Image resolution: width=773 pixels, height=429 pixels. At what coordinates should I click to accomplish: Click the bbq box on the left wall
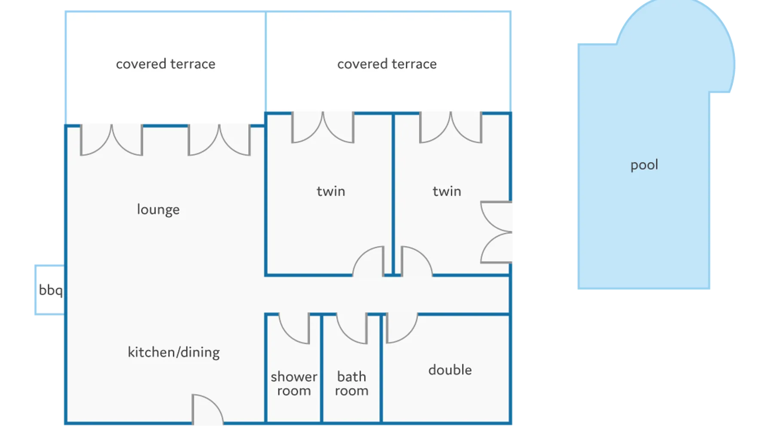click(49, 290)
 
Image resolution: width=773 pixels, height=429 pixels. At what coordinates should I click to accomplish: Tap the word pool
click(644, 165)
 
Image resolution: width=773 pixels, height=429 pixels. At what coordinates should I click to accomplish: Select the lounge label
click(158, 209)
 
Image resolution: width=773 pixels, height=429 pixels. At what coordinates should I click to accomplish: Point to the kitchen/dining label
click(173, 352)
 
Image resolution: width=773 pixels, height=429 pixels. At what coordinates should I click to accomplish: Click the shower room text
click(294, 384)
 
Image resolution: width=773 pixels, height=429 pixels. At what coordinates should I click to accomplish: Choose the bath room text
click(352, 384)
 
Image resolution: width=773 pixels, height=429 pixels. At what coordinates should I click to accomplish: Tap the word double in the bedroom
click(450, 370)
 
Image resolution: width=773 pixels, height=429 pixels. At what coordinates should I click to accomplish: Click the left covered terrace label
click(165, 64)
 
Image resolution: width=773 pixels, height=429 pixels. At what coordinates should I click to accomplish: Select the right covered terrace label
click(386, 64)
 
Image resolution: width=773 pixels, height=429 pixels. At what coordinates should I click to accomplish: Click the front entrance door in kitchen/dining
click(207, 410)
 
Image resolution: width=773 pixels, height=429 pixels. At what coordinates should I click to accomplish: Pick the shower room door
click(295, 328)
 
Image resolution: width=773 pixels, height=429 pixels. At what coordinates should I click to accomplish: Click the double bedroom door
click(401, 328)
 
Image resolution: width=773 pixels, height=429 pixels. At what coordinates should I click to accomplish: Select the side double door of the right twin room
click(496, 232)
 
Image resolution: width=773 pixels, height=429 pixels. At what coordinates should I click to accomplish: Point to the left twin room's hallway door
click(368, 261)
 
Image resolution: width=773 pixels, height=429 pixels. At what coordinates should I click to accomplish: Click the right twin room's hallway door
click(416, 261)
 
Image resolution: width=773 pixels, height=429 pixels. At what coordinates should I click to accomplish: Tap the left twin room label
click(331, 191)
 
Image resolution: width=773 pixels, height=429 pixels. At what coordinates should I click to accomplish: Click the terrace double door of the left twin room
click(323, 127)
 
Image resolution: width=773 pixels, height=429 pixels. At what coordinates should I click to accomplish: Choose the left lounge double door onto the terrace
click(112, 140)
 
